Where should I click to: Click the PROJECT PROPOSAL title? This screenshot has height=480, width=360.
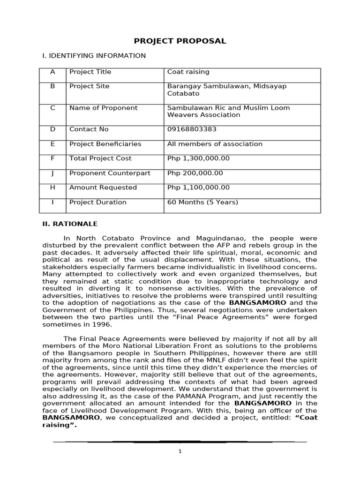click(180, 41)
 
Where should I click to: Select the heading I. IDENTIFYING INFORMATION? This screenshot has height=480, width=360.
click(94, 56)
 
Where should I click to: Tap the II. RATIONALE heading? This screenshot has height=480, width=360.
click(70, 224)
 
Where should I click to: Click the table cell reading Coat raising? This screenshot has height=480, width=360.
click(188, 72)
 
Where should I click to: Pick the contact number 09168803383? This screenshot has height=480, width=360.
click(192, 129)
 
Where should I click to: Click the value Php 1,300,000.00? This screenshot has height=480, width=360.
click(198, 158)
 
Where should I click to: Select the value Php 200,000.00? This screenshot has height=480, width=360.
click(195, 173)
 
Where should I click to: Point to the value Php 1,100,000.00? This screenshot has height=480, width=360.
click(198, 187)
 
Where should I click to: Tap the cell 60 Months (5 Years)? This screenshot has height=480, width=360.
click(202, 202)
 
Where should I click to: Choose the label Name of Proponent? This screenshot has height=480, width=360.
click(103, 108)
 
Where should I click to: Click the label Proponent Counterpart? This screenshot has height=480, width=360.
click(110, 173)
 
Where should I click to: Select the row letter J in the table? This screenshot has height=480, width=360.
click(52, 173)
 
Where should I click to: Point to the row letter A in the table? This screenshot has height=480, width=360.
click(52, 72)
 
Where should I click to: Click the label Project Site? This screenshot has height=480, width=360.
click(89, 86)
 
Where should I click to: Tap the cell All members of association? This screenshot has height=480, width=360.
click(215, 144)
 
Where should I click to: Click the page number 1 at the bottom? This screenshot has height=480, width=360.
click(180, 451)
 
